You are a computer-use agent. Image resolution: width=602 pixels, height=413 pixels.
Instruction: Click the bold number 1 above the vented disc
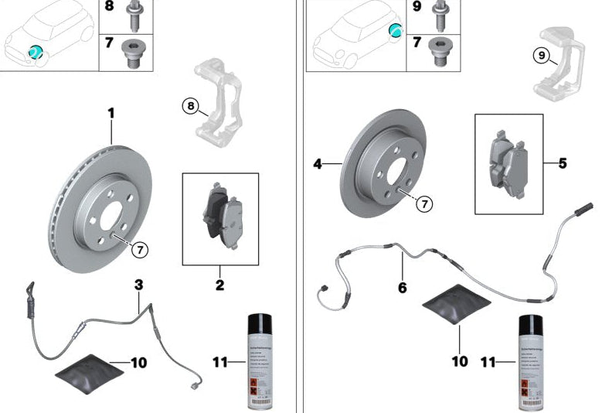[111, 114]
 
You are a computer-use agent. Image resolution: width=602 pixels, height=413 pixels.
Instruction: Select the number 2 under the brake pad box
[219, 286]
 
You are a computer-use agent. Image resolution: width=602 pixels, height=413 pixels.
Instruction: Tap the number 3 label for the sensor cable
[139, 285]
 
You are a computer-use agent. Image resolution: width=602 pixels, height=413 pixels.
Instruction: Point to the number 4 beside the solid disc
[318, 164]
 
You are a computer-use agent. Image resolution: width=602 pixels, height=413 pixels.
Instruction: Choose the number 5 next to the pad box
[563, 163]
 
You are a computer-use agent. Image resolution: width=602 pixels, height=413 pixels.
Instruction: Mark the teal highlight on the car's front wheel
[35, 53]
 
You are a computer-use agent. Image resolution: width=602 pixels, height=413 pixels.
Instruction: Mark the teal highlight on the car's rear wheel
[395, 30]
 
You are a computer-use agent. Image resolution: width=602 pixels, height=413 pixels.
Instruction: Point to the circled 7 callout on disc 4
[423, 203]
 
